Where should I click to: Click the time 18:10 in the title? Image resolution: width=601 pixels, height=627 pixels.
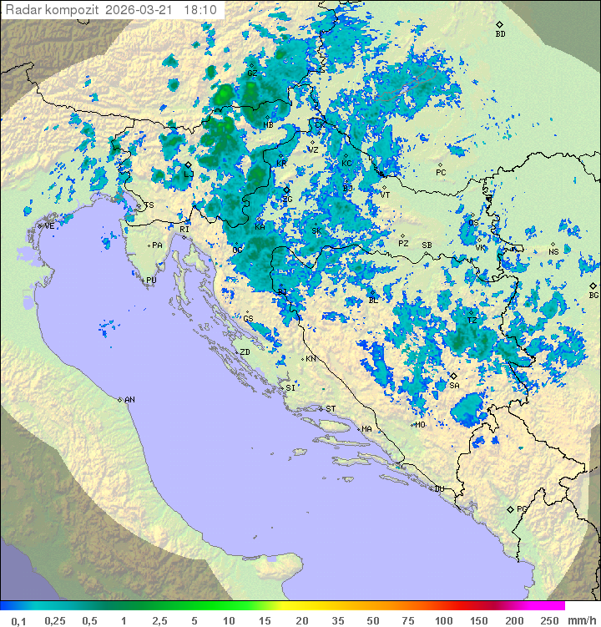[200, 10]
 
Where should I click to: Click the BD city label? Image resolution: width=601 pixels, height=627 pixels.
[500, 34]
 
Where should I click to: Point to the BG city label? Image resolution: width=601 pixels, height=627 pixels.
[593, 295]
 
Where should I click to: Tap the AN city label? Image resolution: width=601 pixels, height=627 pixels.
[129, 400]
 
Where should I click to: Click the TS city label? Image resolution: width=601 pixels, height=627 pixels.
[149, 205]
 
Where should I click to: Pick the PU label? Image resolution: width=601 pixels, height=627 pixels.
[151, 281]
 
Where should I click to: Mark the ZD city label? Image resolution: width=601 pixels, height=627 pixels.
[245, 352]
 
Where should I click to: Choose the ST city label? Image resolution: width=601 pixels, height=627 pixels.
[331, 409]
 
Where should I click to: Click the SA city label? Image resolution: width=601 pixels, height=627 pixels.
[454, 386]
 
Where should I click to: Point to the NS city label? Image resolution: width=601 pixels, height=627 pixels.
[553, 251]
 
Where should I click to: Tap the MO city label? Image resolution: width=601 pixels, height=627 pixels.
[420, 424]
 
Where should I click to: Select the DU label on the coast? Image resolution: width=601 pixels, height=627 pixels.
[438, 489]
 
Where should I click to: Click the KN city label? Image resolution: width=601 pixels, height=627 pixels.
[310, 359]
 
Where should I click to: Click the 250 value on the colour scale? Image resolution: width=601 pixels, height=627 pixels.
[548, 620]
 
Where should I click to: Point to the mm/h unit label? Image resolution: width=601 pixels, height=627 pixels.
[580, 620]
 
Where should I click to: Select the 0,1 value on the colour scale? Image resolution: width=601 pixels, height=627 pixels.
[18, 620]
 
